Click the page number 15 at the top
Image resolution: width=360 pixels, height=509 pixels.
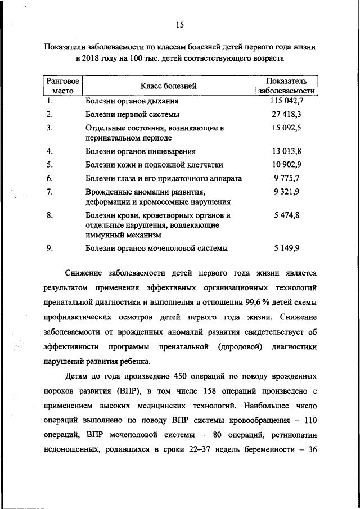(x=179, y=24)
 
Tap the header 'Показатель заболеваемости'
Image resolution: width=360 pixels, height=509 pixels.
(x=286, y=86)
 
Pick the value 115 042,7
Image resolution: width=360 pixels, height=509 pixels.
(x=286, y=101)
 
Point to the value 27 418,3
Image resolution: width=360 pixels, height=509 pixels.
(x=286, y=114)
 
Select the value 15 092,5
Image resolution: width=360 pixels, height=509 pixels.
(x=286, y=128)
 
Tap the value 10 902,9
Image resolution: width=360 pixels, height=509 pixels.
(x=286, y=165)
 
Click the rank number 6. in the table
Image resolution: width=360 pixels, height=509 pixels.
(x=49, y=178)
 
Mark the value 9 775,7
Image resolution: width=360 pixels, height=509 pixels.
(x=286, y=178)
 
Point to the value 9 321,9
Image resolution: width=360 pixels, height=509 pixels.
(x=286, y=192)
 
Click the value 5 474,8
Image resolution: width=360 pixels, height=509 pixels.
(x=286, y=215)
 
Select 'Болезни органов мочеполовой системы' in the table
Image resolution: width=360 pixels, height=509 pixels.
(x=156, y=248)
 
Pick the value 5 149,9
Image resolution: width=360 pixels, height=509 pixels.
(x=286, y=248)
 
